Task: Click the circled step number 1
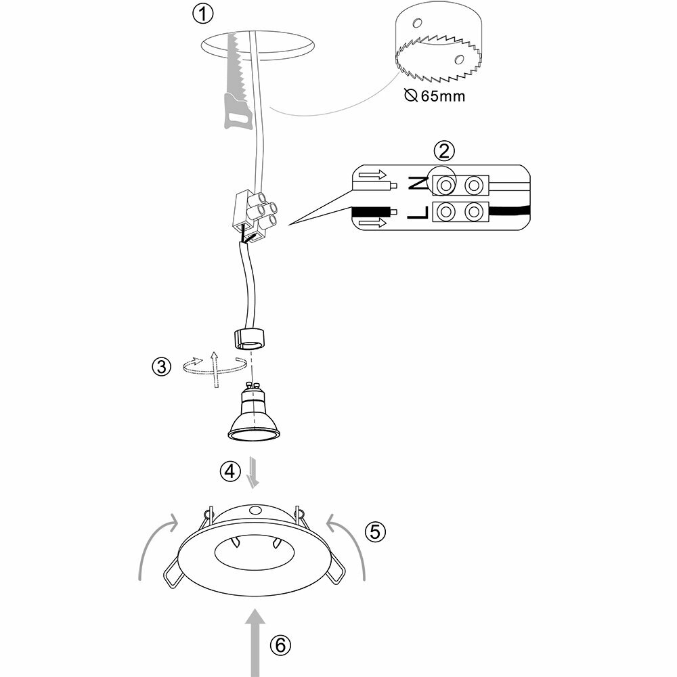point(203,13)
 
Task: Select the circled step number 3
point(161,367)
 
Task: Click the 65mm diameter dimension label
point(435,95)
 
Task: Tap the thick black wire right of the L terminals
point(508,213)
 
